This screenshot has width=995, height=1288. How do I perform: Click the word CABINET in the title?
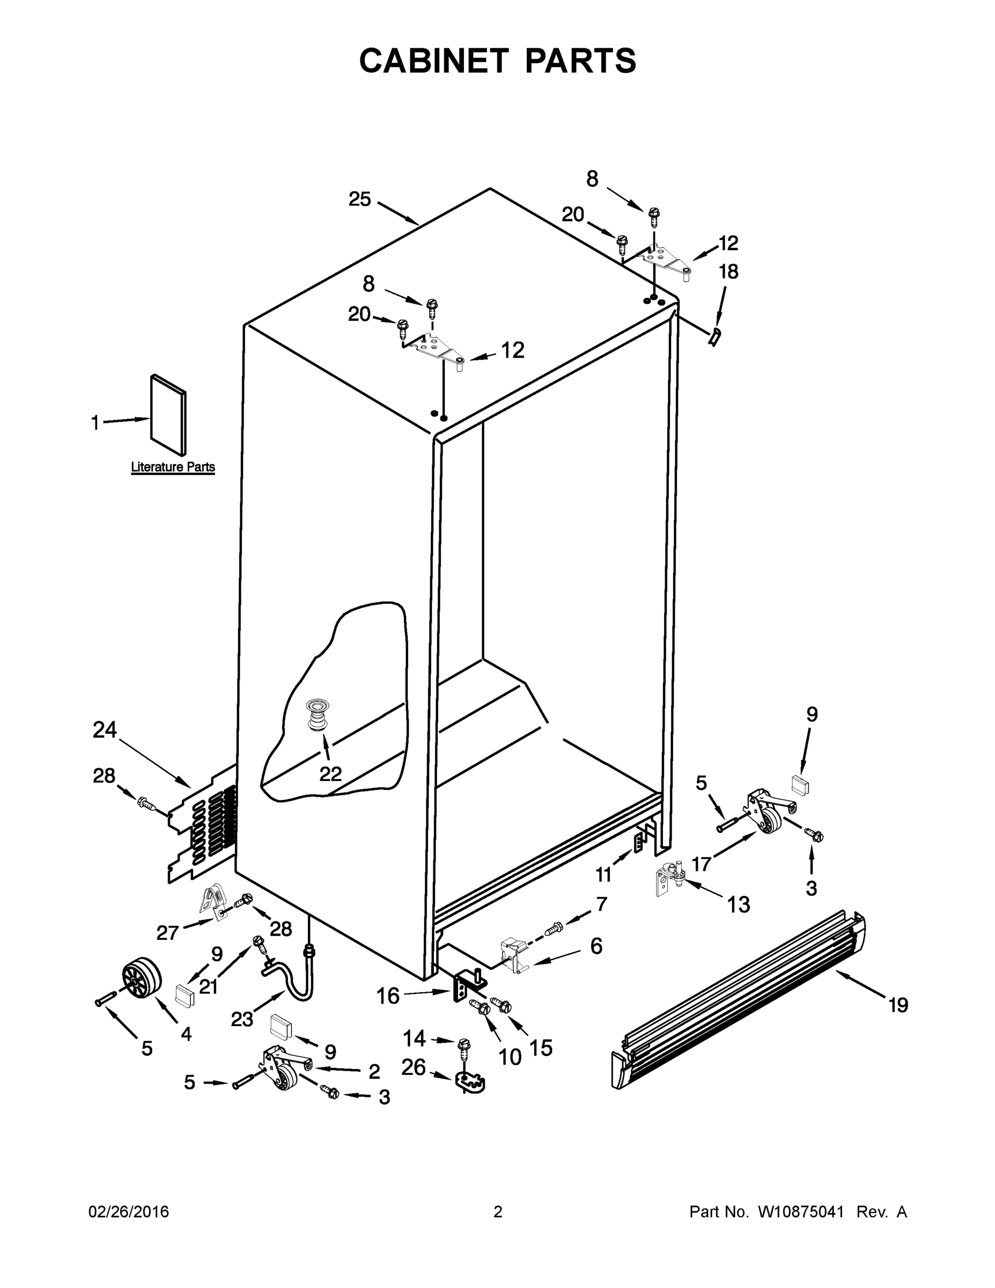(x=434, y=60)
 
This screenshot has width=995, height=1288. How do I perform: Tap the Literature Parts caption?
(x=173, y=467)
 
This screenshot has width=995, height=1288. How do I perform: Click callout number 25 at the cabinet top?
(x=359, y=199)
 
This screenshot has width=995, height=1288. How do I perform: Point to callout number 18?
(x=728, y=272)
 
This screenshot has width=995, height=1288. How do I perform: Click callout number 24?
(x=105, y=730)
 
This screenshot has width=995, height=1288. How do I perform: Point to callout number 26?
(x=414, y=1067)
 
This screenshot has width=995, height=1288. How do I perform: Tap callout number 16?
(x=388, y=996)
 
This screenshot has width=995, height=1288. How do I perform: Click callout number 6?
(x=596, y=947)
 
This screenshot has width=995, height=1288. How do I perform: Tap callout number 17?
(x=701, y=864)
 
